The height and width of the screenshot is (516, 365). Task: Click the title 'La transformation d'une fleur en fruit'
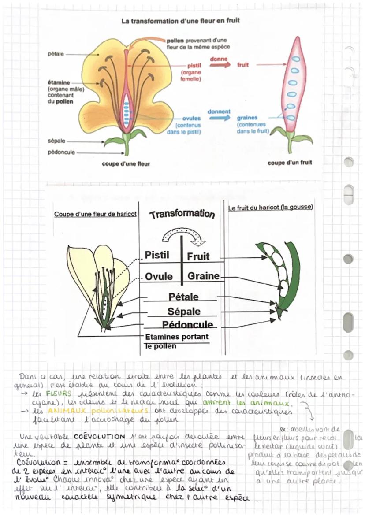(x=181, y=21)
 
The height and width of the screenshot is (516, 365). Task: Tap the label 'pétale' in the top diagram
(x=56, y=54)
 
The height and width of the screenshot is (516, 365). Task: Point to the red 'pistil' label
(x=194, y=65)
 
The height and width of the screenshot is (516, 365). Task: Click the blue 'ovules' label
(x=192, y=118)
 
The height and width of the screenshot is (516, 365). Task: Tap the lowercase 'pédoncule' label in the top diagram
(x=60, y=152)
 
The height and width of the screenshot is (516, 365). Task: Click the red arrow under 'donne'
(x=220, y=65)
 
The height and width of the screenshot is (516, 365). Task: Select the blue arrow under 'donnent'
(x=220, y=118)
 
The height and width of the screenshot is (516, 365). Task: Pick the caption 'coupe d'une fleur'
(x=126, y=164)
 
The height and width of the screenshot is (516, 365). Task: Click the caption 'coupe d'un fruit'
(x=290, y=163)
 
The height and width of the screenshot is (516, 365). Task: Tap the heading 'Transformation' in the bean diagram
(x=182, y=214)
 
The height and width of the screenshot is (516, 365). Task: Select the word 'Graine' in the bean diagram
(x=203, y=276)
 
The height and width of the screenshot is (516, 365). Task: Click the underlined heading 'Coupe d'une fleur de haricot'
(x=95, y=214)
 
